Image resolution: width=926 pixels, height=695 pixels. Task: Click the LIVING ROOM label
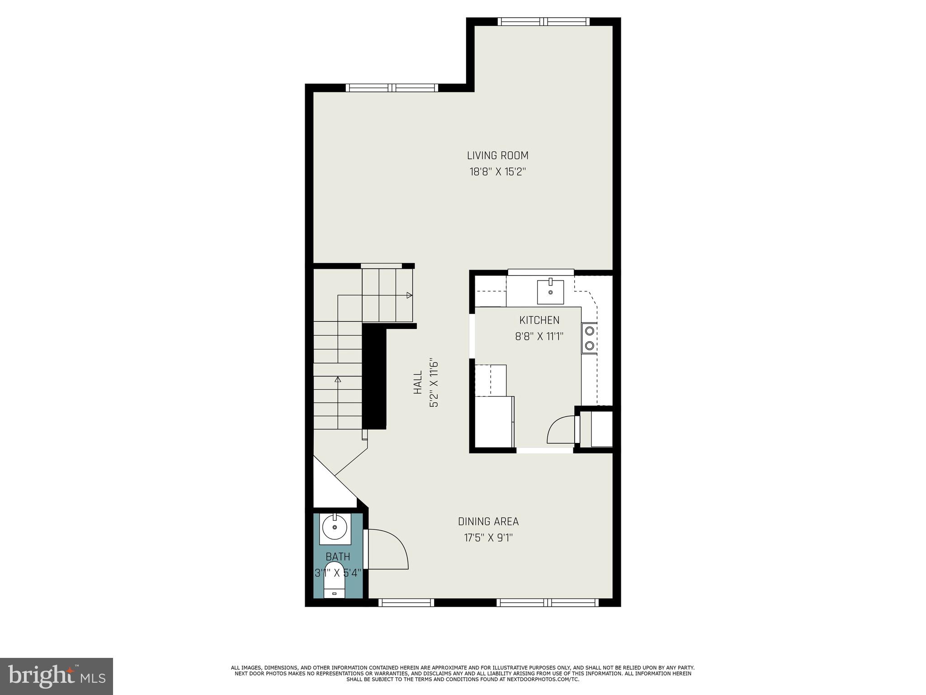497,156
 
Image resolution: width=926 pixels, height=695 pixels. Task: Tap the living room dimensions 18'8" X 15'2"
497,172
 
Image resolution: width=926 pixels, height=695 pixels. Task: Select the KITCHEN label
539,320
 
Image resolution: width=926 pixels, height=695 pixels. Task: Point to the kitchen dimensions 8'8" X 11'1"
539,337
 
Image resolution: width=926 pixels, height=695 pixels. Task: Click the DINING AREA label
488,521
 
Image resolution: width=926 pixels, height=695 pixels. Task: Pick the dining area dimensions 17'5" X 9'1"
488,538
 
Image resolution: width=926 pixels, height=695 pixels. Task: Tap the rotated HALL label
418,382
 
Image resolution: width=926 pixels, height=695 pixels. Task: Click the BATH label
338,557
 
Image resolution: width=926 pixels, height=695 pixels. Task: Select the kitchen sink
550,292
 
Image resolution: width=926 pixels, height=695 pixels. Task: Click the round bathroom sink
335,527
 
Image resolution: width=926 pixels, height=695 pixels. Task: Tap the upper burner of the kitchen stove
590,331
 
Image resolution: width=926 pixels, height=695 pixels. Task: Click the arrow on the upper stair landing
409,295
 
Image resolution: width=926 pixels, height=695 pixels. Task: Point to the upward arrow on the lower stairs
338,379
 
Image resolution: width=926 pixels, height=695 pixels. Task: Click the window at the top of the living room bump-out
543,22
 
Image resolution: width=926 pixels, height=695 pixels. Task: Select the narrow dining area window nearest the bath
406,602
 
